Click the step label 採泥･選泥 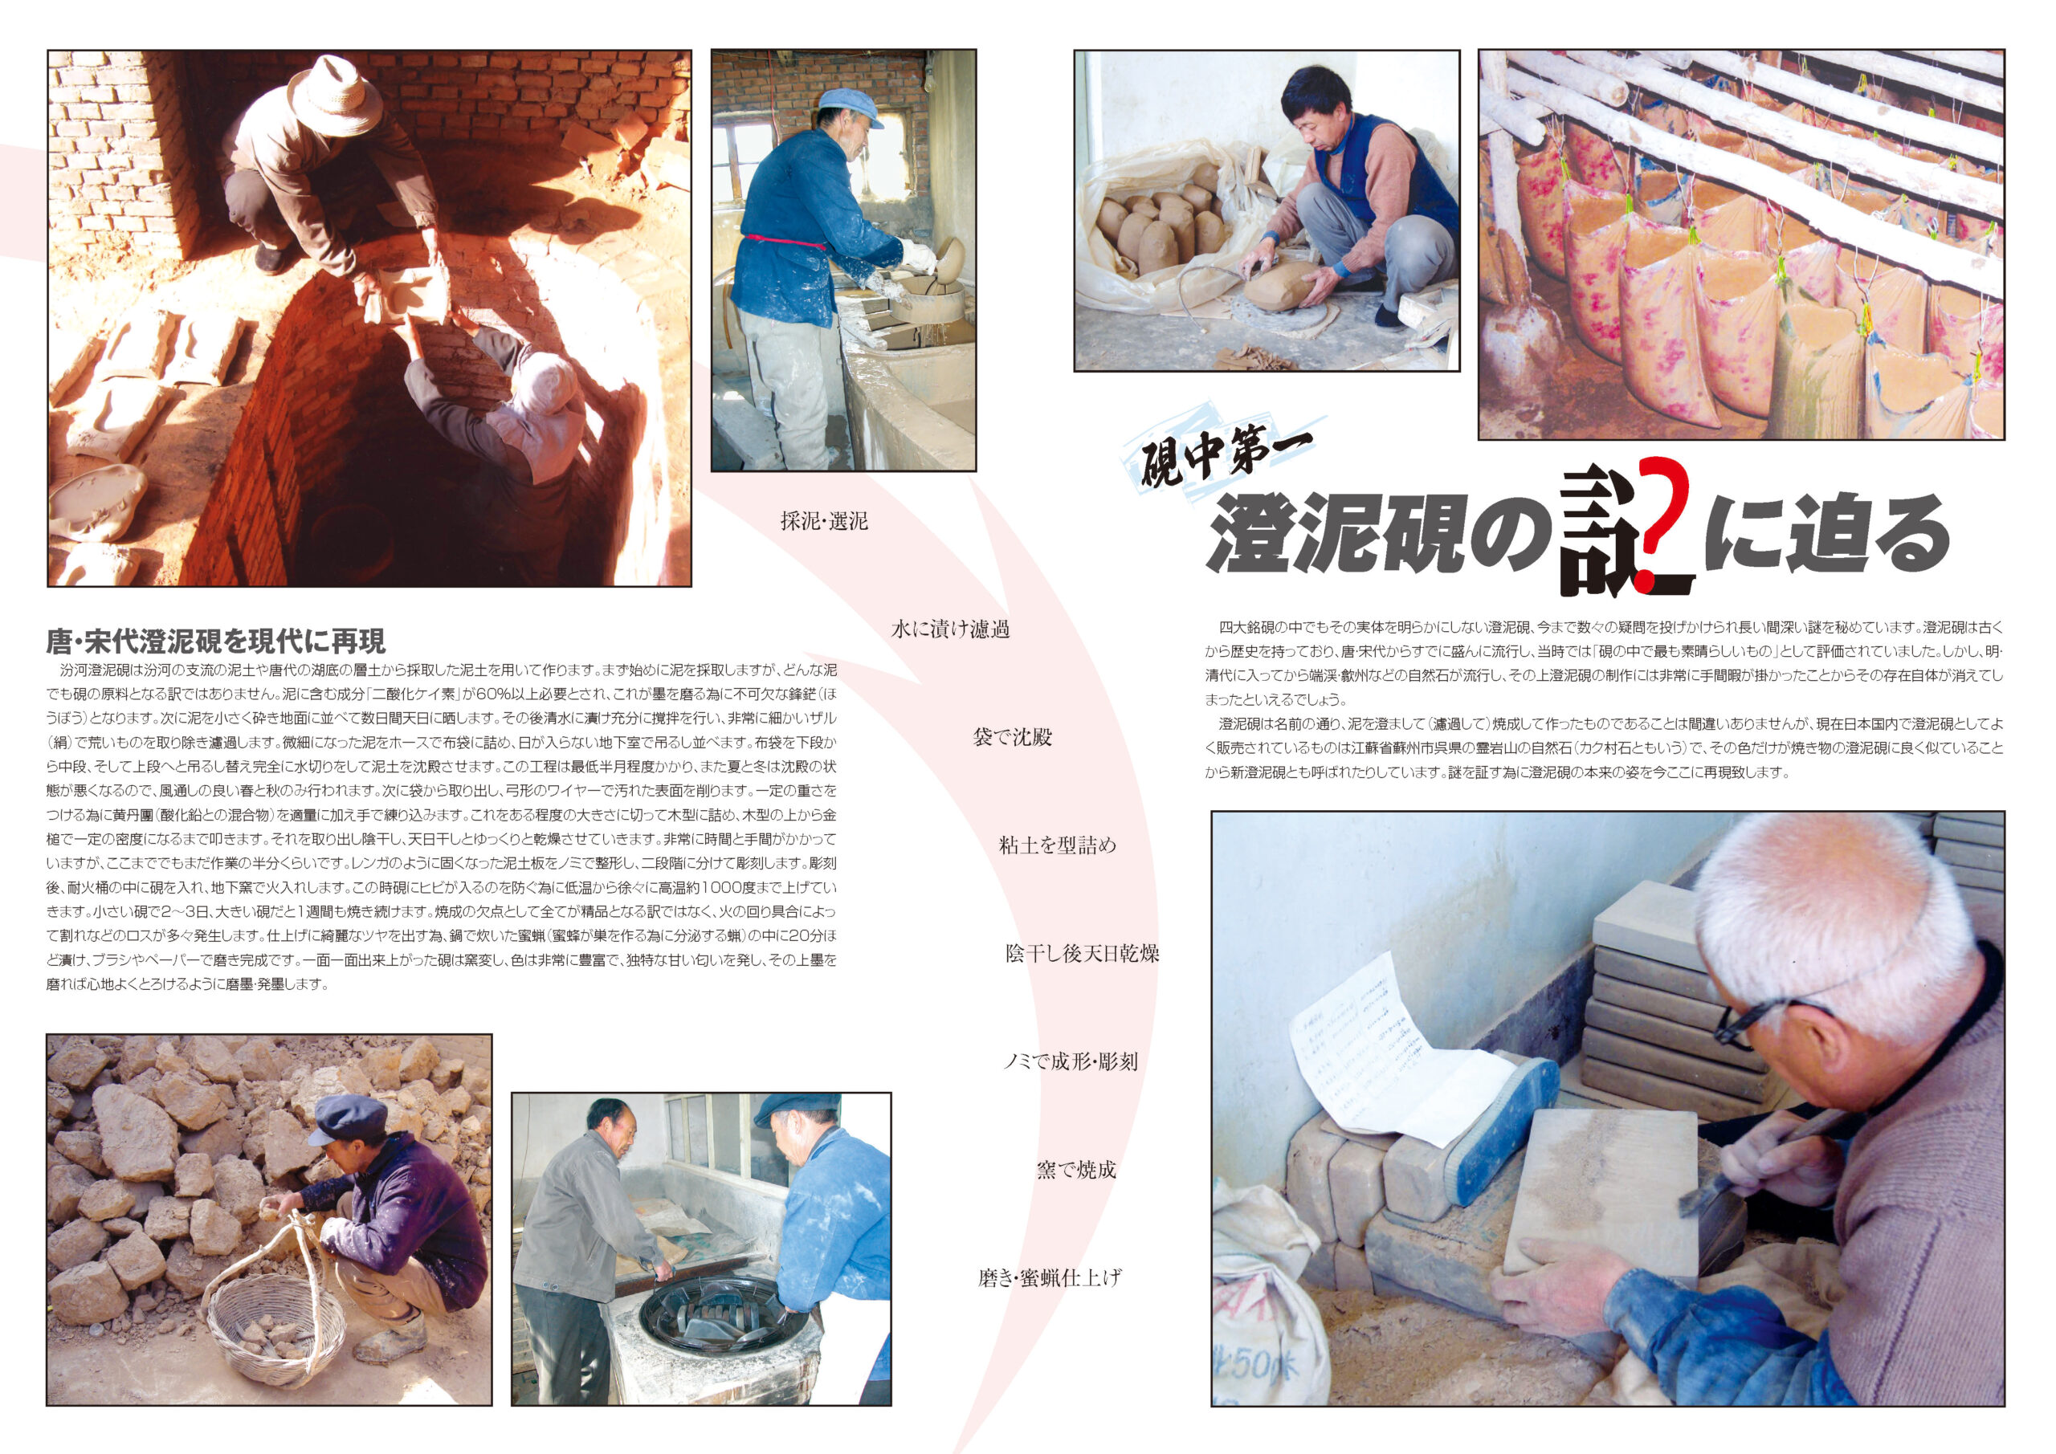pos(824,521)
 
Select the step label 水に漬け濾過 pos(950,629)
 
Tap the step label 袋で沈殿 pos(1012,738)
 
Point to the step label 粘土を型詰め pos(1058,845)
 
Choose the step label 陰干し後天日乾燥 pos(1082,954)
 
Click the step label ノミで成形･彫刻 pos(1070,1062)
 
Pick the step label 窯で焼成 pos(1076,1169)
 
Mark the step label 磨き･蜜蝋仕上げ pos(1050,1277)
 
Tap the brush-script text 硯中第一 pos(1227,456)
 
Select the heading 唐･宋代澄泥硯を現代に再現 pos(216,641)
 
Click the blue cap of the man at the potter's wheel pos(849,104)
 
